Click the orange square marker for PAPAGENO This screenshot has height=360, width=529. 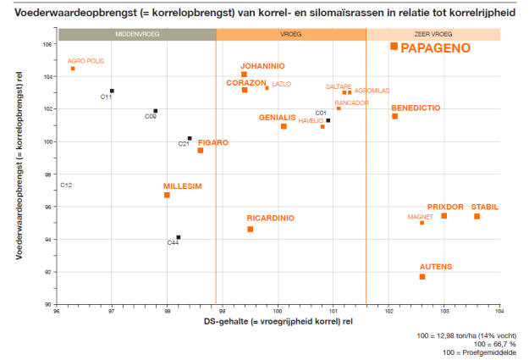point(394,46)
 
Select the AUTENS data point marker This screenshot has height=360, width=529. point(422,277)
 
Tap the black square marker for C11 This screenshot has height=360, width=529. point(112,91)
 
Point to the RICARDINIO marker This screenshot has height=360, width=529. point(251,229)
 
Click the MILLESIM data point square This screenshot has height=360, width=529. point(167,195)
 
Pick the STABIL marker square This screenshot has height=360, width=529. point(477,216)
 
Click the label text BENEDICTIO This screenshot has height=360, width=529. point(416,108)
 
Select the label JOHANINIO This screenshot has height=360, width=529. point(262,65)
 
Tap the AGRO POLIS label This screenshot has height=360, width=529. point(85,61)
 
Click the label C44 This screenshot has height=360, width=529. point(173,244)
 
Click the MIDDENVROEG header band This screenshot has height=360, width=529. point(137,35)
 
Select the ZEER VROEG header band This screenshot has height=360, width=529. point(433,35)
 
